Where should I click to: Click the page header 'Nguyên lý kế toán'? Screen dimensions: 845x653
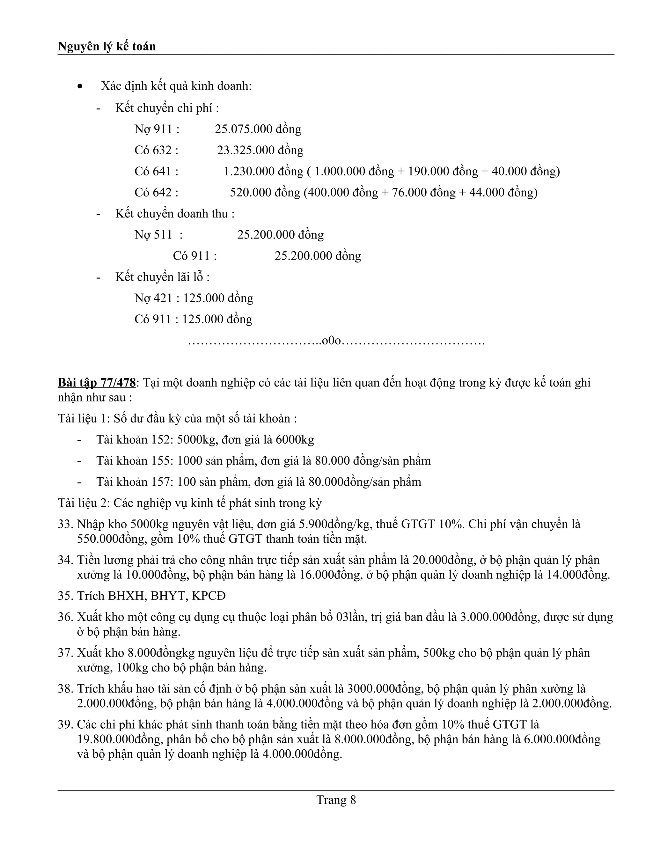[x=107, y=47]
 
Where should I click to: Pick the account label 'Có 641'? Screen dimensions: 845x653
[x=156, y=171]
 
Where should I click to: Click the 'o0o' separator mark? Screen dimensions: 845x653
[x=332, y=341]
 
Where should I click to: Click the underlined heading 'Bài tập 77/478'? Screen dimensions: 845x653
[x=97, y=383]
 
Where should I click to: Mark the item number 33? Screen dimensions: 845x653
[x=65, y=524]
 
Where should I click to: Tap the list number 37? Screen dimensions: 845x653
[x=65, y=653]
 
